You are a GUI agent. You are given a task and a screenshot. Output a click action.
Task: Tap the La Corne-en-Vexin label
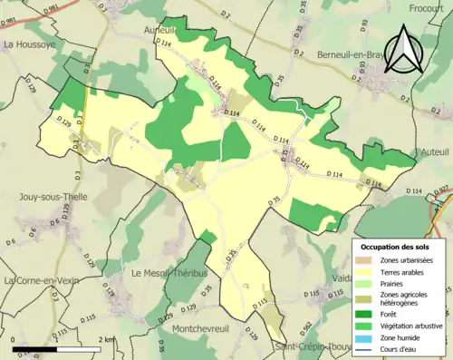pos(42,281)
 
